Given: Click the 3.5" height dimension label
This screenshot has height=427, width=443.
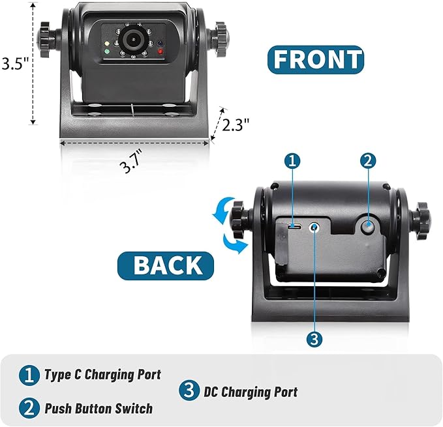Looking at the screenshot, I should click(14, 64).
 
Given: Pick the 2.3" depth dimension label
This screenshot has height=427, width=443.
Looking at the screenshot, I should click(236, 125).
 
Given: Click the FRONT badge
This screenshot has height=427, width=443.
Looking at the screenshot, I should click(316, 59).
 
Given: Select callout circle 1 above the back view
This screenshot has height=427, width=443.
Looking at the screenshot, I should click(294, 160).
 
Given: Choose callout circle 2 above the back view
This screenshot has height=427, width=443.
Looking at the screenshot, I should click(368, 160).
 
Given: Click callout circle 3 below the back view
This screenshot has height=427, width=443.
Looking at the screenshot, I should click(315, 339).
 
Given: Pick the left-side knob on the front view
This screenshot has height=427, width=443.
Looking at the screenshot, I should click(46, 33).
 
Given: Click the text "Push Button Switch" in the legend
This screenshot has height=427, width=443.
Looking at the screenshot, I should click(98, 409).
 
